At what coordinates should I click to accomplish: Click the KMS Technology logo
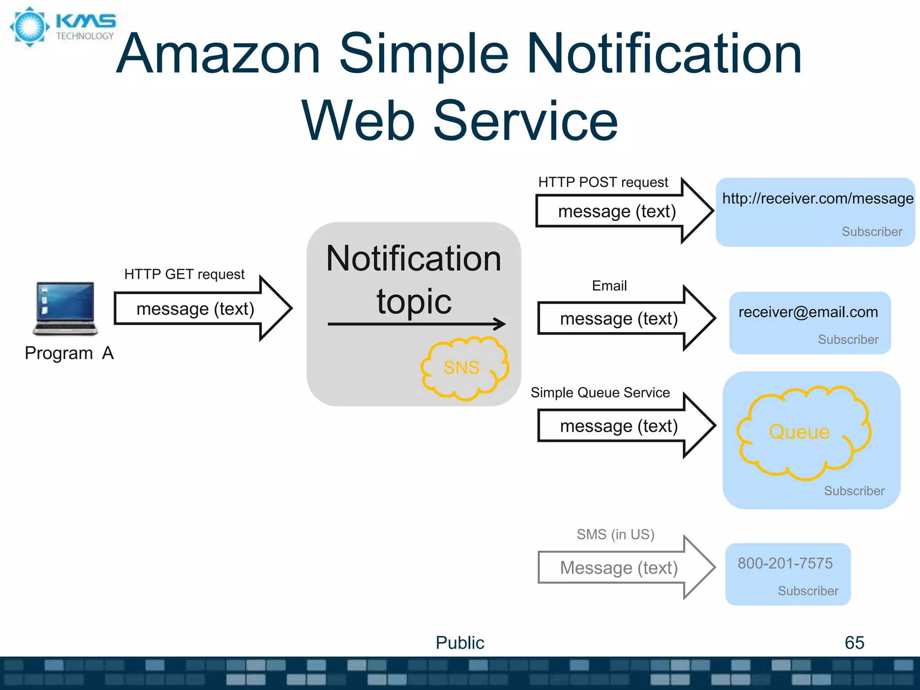[63, 27]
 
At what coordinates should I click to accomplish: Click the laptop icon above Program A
[66, 309]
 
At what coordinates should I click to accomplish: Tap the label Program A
[69, 354]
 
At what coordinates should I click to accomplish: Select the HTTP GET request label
[184, 274]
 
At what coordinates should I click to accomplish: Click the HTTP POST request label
[603, 182]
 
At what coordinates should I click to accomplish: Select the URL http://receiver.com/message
[818, 199]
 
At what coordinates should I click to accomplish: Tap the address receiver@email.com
[808, 312]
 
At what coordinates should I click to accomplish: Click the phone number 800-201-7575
[785, 563]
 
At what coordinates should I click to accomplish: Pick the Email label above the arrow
[609, 286]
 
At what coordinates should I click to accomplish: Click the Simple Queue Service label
[600, 393]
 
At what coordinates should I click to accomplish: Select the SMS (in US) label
[615, 535]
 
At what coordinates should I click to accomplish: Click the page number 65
[854, 643]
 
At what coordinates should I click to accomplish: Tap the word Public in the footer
[460, 643]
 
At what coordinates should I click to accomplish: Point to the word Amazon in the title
[218, 54]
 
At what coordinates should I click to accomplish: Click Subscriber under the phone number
[808, 591]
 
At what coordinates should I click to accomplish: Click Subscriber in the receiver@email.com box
[848, 340]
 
